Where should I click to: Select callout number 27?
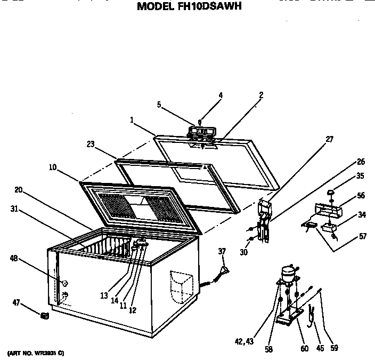(329, 139)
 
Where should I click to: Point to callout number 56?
(361, 196)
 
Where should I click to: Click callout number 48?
(14, 258)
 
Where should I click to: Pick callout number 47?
(17, 302)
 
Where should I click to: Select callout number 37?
(222, 251)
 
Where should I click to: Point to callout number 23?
(91, 144)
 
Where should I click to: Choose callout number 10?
(53, 167)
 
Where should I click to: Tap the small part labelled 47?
(45, 316)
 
